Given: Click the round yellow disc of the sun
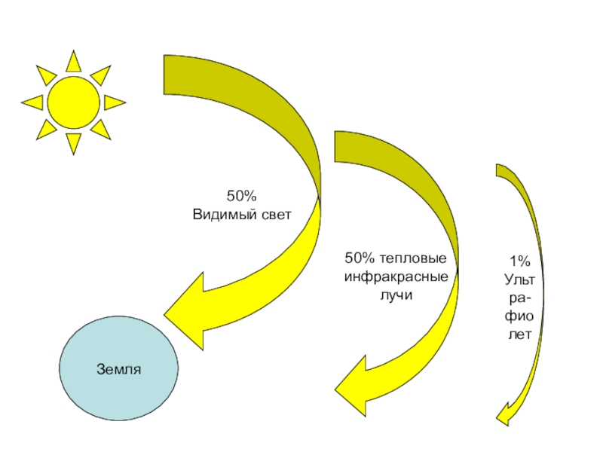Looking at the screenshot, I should pyautogui.click(x=73, y=102).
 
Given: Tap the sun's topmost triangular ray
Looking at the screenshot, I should pyautogui.click(x=73, y=61).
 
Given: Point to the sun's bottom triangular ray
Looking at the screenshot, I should pyautogui.click(x=73, y=143).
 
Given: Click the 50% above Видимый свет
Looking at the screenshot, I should pyautogui.click(x=242, y=196).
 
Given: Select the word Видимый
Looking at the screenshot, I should pyautogui.click(x=218, y=214).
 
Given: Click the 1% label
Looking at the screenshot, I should pyautogui.click(x=519, y=261).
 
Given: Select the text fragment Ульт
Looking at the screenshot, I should pyautogui.click(x=519, y=279).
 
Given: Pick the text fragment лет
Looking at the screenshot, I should pyautogui.click(x=519, y=334).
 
